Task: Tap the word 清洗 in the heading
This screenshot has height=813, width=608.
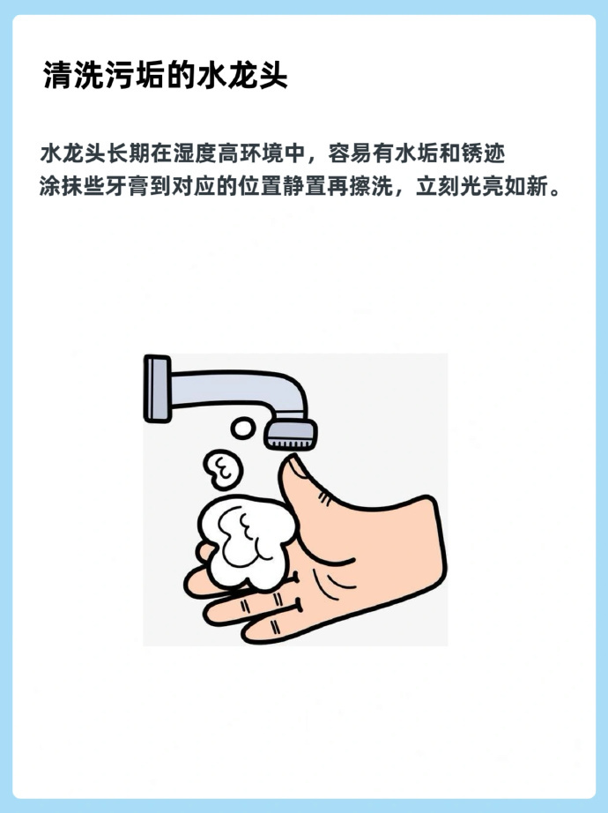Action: point(63,76)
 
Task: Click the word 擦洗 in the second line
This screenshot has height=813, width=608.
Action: point(371,186)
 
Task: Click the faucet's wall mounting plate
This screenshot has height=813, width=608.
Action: point(157,389)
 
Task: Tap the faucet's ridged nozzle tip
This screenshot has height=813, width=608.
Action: point(290,436)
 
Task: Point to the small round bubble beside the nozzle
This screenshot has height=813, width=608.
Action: point(242,429)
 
